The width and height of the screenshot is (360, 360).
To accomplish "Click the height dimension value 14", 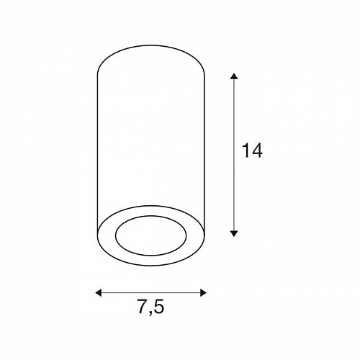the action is point(252,150).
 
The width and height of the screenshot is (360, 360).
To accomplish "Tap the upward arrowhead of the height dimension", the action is point(234,76).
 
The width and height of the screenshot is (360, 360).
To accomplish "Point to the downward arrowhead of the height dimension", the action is point(234,233).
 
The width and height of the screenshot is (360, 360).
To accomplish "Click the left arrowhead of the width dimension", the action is point(99,292).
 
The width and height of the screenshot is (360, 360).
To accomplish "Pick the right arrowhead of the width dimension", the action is point(203,292).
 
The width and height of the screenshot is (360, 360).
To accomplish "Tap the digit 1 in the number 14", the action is point(246,150).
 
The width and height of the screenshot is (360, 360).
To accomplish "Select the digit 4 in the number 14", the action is point(257,150).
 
